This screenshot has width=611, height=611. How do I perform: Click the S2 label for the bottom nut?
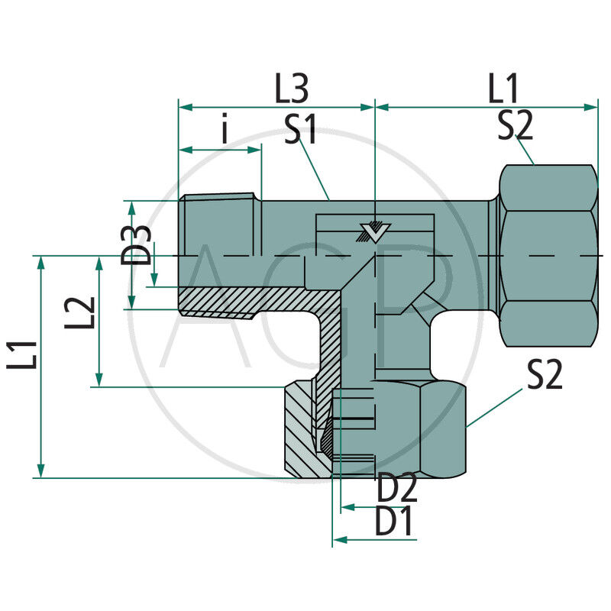tap(544, 375)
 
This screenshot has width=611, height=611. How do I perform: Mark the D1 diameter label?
tap(394, 523)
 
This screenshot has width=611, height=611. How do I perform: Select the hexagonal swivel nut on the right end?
tap(548, 254)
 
